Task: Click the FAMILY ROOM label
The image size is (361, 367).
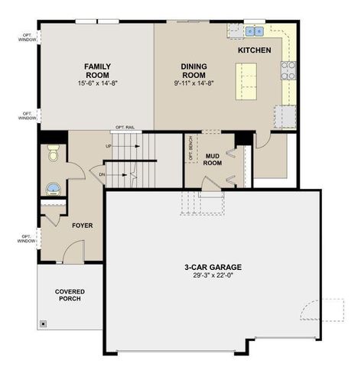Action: click(97, 71)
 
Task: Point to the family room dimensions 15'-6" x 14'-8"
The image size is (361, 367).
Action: click(97, 83)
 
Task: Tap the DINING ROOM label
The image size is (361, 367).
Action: click(194, 71)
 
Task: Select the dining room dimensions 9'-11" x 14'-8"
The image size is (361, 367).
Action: click(194, 83)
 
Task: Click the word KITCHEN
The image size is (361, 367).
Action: click(254, 50)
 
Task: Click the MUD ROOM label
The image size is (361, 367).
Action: click(213, 159)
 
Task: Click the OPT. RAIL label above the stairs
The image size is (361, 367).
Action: click(125, 128)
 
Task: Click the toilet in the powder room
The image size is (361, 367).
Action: click(53, 155)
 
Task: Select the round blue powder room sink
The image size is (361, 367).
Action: click(52, 187)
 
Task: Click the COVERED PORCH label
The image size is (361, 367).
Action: click(70, 294)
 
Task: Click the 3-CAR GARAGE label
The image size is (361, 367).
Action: click(213, 267)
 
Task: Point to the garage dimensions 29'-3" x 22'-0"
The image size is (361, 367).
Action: click(213, 276)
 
